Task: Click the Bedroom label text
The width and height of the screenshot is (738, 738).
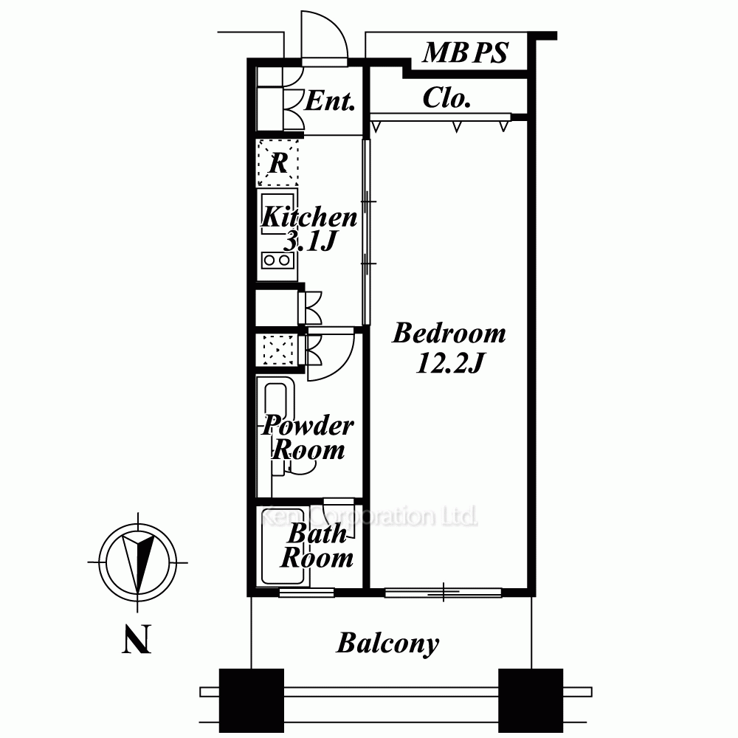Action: point(449,333)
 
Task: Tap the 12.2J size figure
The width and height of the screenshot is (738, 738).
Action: point(450,363)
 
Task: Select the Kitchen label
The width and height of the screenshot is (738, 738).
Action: point(309,216)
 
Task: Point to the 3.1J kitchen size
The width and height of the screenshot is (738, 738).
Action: point(310,241)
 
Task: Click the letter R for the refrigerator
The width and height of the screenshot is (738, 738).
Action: point(278,163)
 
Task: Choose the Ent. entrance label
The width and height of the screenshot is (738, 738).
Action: point(329,100)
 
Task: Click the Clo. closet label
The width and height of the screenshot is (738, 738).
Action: point(446,98)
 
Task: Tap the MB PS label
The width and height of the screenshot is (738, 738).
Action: point(466,52)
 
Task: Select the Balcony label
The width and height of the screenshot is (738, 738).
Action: point(387,643)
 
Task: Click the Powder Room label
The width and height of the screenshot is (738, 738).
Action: point(308,437)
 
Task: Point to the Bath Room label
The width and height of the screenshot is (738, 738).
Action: point(317,545)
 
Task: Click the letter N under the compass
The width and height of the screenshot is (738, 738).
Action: point(137,638)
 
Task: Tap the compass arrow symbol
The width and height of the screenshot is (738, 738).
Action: point(137,562)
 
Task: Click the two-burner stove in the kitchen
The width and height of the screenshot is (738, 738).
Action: point(277,260)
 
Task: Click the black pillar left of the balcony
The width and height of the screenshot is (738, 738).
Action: point(252,700)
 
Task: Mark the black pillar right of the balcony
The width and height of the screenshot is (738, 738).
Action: point(531,700)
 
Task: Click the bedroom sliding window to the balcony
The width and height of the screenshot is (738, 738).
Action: point(444,593)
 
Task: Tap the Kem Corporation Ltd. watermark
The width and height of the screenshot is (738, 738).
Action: point(368,516)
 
